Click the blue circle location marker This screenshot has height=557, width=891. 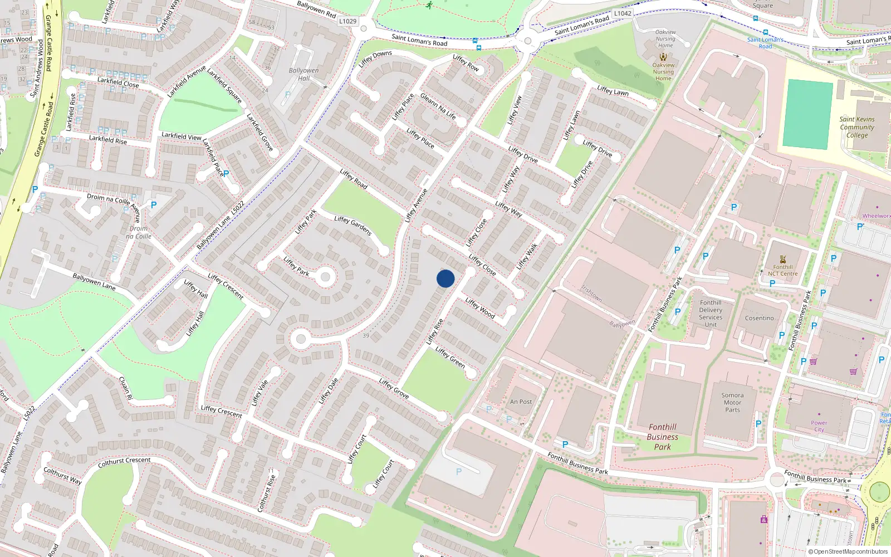[x=445, y=278]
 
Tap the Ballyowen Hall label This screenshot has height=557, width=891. [x=303, y=74]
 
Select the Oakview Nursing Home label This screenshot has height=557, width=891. [x=663, y=71]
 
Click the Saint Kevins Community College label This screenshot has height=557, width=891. [x=857, y=127]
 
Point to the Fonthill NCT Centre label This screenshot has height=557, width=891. [x=782, y=270]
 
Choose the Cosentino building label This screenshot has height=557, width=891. [x=760, y=318]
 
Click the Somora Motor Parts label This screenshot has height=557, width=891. [x=732, y=402]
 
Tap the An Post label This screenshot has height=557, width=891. [x=521, y=402]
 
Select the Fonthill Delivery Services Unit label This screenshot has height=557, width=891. [x=711, y=314]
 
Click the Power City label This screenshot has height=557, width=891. [x=819, y=426]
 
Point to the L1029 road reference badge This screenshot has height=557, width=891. [x=347, y=21]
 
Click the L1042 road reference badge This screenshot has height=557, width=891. [x=623, y=13]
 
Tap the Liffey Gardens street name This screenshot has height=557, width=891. [x=353, y=226]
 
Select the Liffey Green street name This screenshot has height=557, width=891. [x=450, y=358]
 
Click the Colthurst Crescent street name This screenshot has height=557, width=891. [x=124, y=462]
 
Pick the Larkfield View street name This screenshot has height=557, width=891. [x=181, y=136]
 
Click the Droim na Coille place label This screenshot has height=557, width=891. [x=139, y=232]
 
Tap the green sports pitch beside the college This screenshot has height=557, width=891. [x=807, y=114]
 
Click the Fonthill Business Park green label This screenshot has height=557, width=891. [x=662, y=437]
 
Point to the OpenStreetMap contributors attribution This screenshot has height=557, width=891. [x=848, y=552]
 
